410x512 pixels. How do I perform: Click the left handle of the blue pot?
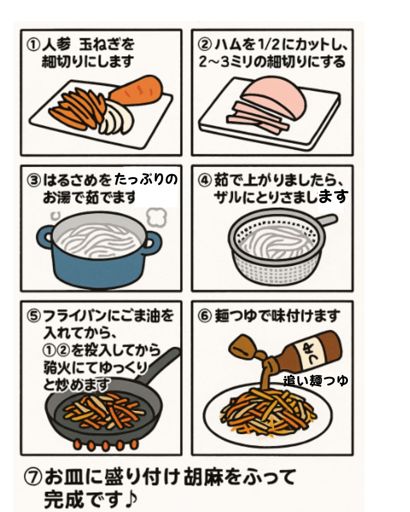tap(45, 239)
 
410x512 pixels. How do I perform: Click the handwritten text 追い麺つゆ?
tap(315, 380)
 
